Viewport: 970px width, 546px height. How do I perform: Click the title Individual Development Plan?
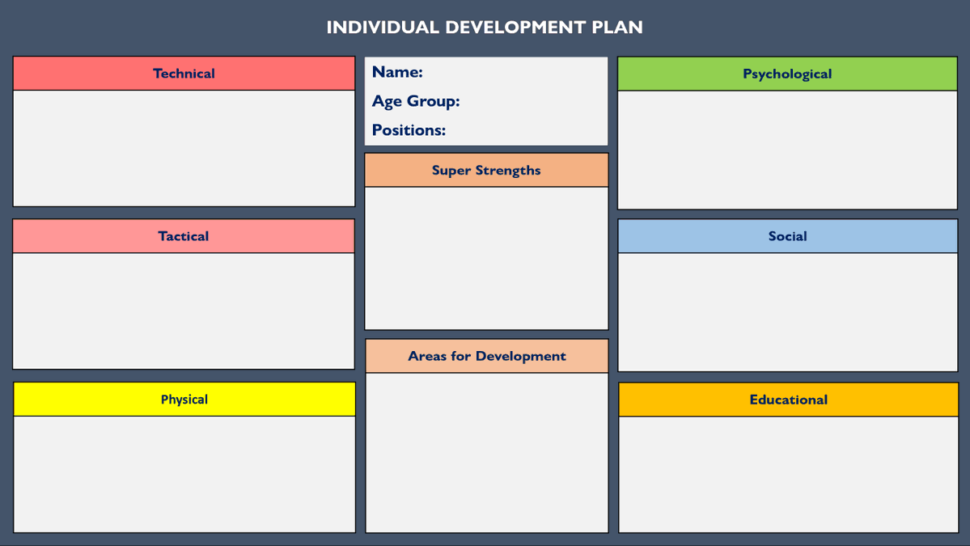click(x=485, y=28)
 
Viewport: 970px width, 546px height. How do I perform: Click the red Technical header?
click(x=184, y=74)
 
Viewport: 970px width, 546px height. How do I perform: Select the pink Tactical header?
click(x=184, y=236)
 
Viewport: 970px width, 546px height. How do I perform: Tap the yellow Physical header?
click(x=184, y=400)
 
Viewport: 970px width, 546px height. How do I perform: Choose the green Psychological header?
click(x=787, y=74)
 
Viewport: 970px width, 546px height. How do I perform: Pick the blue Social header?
click(x=787, y=236)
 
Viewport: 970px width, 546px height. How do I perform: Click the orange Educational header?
click(x=788, y=400)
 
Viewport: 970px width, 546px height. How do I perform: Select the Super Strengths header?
click(x=486, y=171)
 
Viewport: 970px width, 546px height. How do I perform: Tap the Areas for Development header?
click(x=486, y=356)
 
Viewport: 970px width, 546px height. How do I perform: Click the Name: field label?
click(x=397, y=72)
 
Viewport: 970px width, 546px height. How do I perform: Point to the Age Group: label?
click(x=416, y=101)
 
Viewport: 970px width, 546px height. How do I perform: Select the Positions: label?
click(x=409, y=130)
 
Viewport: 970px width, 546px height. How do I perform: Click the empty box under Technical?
click(x=184, y=148)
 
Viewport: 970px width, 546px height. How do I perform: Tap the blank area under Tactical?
click(x=184, y=311)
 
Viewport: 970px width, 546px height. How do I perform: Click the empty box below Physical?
click(x=184, y=474)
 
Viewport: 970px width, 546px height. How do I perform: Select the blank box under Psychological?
click(x=787, y=150)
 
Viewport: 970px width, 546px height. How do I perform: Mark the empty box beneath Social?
click(x=787, y=312)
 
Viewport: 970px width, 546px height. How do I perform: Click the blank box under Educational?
click(x=788, y=474)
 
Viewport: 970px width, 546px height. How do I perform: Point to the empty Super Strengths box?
click(x=486, y=258)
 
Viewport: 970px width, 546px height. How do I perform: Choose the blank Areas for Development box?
click(x=486, y=452)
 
